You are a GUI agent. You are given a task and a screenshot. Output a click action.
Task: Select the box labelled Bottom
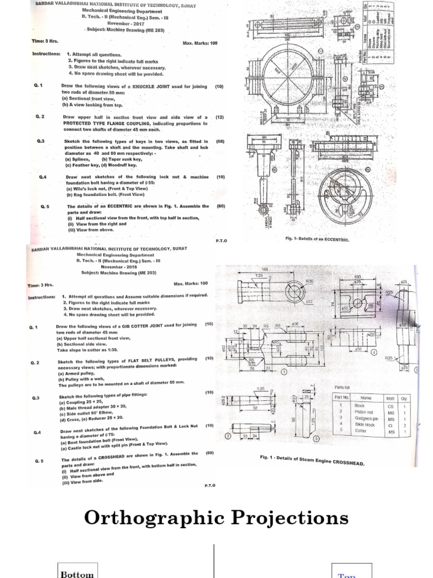[77, 573]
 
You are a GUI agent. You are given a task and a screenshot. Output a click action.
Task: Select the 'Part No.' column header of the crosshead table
[339, 397]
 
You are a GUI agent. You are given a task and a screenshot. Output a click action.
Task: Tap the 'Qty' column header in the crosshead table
[404, 397]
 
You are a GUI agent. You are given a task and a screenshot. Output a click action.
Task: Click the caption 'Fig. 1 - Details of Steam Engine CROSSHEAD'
[312, 462]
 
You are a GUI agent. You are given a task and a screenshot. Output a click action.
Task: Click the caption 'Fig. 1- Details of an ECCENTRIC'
[317, 239]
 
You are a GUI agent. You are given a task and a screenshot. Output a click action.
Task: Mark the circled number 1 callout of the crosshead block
[283, 372]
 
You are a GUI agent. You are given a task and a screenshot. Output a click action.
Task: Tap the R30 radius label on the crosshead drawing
[309, 281]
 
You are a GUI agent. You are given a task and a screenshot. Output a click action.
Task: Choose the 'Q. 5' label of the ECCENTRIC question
[45, 207]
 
